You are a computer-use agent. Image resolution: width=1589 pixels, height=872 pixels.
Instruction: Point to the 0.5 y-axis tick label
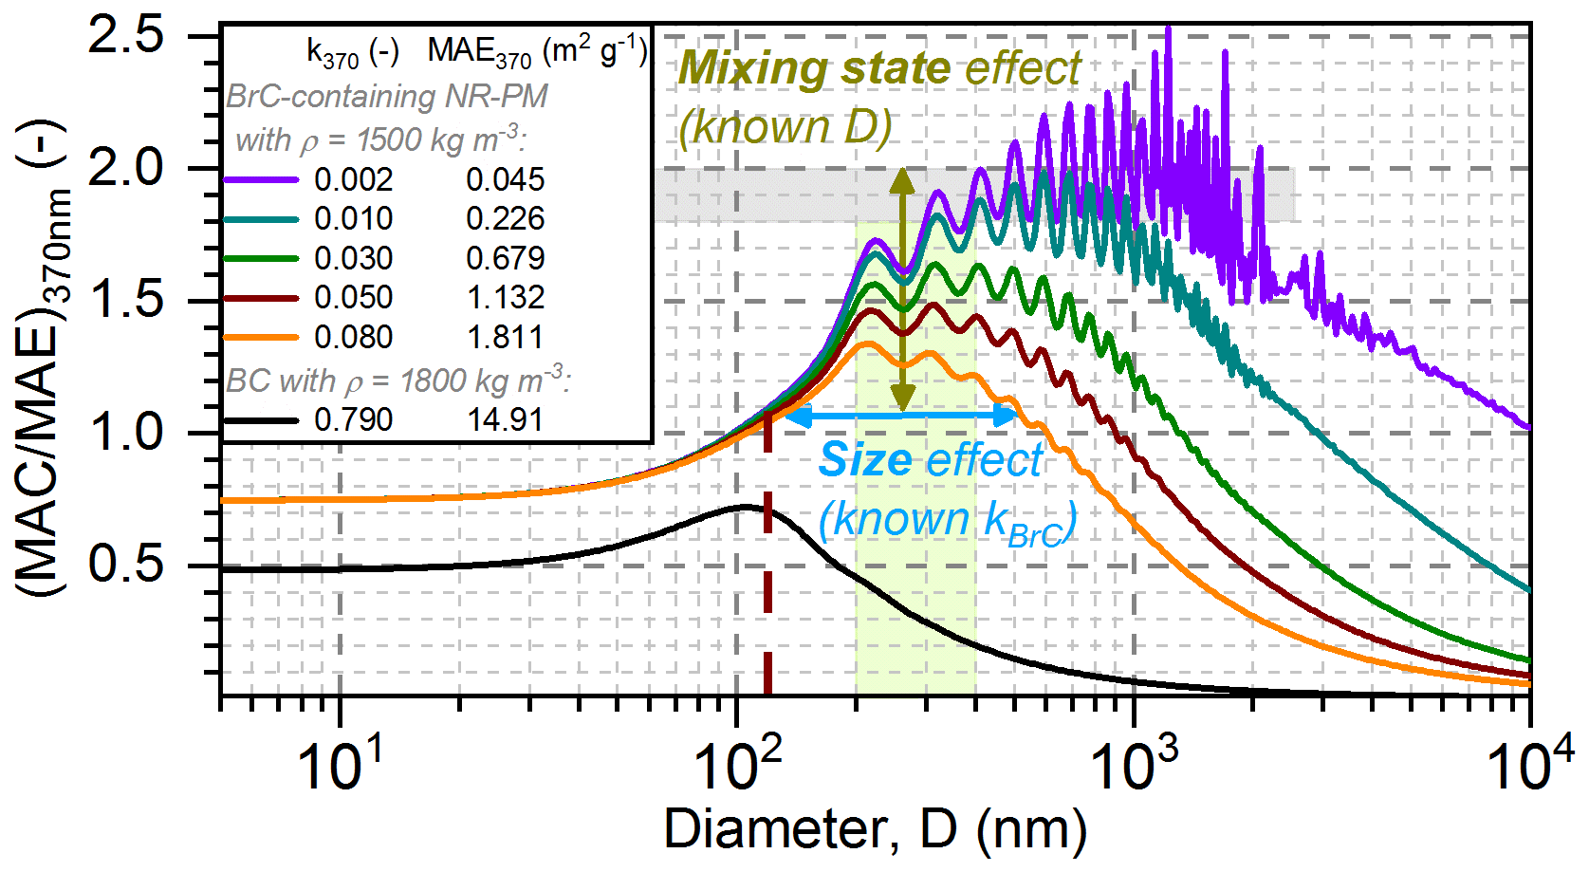click(x=125, y=565)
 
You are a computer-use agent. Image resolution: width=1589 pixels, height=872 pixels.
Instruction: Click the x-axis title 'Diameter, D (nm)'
click(x=875, y=829)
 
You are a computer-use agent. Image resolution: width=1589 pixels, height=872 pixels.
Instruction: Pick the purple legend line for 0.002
click(x=261, y=179)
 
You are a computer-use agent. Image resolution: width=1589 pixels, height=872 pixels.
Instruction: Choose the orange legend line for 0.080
click(x=261, y=337)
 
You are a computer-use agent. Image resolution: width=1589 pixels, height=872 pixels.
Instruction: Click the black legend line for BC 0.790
click(x=261, y=419)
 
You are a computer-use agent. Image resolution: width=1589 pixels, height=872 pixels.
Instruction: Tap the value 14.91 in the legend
click(x=506, y=419)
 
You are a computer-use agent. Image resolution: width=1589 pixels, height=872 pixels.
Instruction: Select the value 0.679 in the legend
click(x=506, y=258)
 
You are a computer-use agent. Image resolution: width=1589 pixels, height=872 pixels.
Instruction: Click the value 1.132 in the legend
click(x=506, y=298)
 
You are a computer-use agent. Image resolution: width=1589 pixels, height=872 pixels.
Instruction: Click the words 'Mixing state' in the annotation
click(x=814, y=68)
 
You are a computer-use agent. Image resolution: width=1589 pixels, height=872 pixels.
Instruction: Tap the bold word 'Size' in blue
click(x=865, y=460)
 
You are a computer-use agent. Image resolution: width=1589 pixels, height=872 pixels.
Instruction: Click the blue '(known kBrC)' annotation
click(x=947, y=522)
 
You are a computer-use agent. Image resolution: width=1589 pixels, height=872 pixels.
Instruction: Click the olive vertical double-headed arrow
click(x=902, y=289)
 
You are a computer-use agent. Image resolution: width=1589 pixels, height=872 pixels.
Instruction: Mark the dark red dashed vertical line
click(x=767, y=569)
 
